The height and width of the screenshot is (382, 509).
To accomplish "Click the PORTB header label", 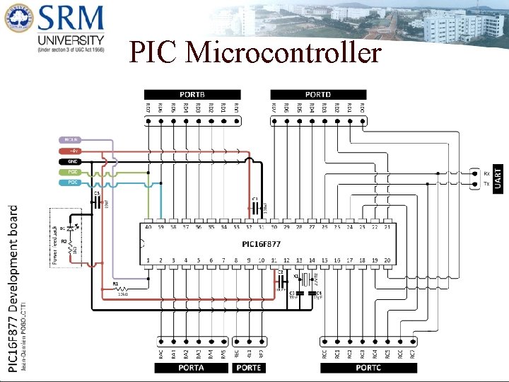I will tap(192, 94).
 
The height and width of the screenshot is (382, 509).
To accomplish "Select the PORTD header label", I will tap(318, 94).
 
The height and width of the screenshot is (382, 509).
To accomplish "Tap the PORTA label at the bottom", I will tap(191, 368).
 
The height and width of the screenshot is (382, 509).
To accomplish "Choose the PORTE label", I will tap(249, 368).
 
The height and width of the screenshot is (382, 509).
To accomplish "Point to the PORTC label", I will tap(368, 368).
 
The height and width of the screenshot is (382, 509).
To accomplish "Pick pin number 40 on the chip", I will tap(148, 227).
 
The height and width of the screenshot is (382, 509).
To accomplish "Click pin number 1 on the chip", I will tap(148, 260).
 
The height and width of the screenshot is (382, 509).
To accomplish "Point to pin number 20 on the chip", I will tap(387, 260).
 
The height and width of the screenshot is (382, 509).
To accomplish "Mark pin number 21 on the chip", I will tap(387, 227).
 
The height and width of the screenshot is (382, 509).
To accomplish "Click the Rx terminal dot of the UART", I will tap(473, 173).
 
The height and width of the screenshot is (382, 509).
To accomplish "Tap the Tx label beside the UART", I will tap(486, 184).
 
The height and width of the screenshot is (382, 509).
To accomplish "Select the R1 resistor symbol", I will tap(119, 289).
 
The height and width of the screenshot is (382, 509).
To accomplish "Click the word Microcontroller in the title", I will tap(283, 54).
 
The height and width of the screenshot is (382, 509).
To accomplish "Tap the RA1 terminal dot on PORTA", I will tap(174, 337).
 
